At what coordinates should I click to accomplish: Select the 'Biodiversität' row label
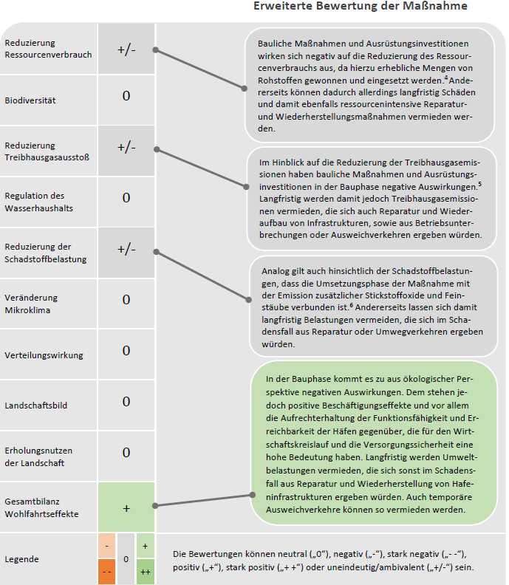tap(30, 100)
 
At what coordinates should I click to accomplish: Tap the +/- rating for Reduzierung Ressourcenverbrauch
tap(126, 49)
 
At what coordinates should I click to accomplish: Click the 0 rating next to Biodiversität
tap(126, 96)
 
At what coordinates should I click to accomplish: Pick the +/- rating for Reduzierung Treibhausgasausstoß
tap(126, 147)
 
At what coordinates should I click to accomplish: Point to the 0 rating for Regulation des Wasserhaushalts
tap(126, 198)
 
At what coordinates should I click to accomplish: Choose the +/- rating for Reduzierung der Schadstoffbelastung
tap(126, 249)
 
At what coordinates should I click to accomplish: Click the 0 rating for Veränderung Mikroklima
tap(126, 299)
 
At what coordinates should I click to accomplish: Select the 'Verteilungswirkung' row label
tap(44, 355)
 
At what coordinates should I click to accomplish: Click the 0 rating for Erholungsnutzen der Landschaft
tap(126, 452)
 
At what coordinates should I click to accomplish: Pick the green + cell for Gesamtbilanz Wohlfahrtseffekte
tap(126, 508)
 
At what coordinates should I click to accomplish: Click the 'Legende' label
tap(21, 558)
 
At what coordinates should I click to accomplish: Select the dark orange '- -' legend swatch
tap(108, 571)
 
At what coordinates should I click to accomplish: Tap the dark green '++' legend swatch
tap(145, 571)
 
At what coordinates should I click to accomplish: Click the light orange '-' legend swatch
tap(108, 546)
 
